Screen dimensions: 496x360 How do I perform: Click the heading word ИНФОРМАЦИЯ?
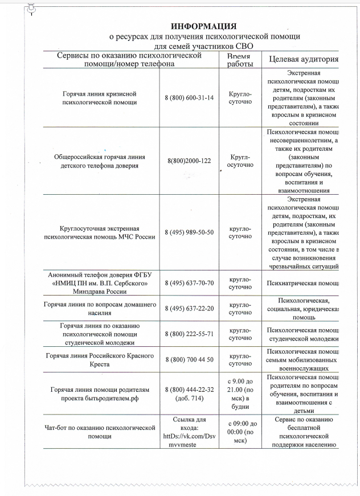tap(204, 26)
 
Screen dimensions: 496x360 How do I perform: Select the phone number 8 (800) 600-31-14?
tap(189, 97)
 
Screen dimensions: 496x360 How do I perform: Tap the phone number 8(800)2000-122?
tap(189, 161)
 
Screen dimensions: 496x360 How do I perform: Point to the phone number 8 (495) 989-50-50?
tap(189, 232)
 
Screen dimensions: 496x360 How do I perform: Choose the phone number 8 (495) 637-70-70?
tap(189, 283)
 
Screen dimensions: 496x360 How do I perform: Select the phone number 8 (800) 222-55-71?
tap(189, 334)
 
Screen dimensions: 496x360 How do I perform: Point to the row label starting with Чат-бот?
tap(100, 431)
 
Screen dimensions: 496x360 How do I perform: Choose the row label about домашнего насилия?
tap(100, 309)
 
